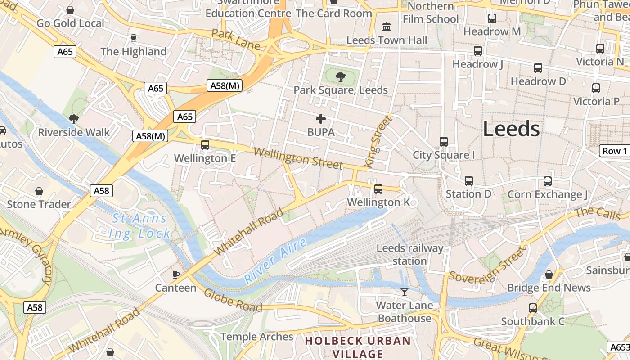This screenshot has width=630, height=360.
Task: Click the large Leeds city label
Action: point(512,129)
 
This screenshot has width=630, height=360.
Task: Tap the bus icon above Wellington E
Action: point(205,145)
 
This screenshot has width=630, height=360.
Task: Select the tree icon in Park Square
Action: point(341,76)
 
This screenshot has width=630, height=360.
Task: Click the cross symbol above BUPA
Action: point(321,119)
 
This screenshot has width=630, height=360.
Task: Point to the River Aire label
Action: point(276,261)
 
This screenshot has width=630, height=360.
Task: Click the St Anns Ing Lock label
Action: point(139,226)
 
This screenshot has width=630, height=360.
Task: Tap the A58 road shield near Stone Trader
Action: point(101,191)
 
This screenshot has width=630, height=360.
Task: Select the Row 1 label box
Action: point(615,151)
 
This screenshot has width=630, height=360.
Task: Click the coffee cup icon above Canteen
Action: point(176,274)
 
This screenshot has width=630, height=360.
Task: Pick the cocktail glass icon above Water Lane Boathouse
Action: point(405,292)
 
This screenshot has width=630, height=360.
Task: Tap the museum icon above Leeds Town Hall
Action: point(387,27)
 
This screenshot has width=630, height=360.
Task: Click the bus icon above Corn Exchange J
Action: point(548,181)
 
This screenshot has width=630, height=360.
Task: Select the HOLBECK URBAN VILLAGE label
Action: point(358,347)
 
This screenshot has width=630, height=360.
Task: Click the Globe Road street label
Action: point(233,301)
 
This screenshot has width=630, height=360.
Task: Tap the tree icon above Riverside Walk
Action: point(74,119)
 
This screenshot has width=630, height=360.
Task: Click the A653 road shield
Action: point(619,347)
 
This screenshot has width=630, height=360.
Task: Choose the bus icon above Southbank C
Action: point(533,308)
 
